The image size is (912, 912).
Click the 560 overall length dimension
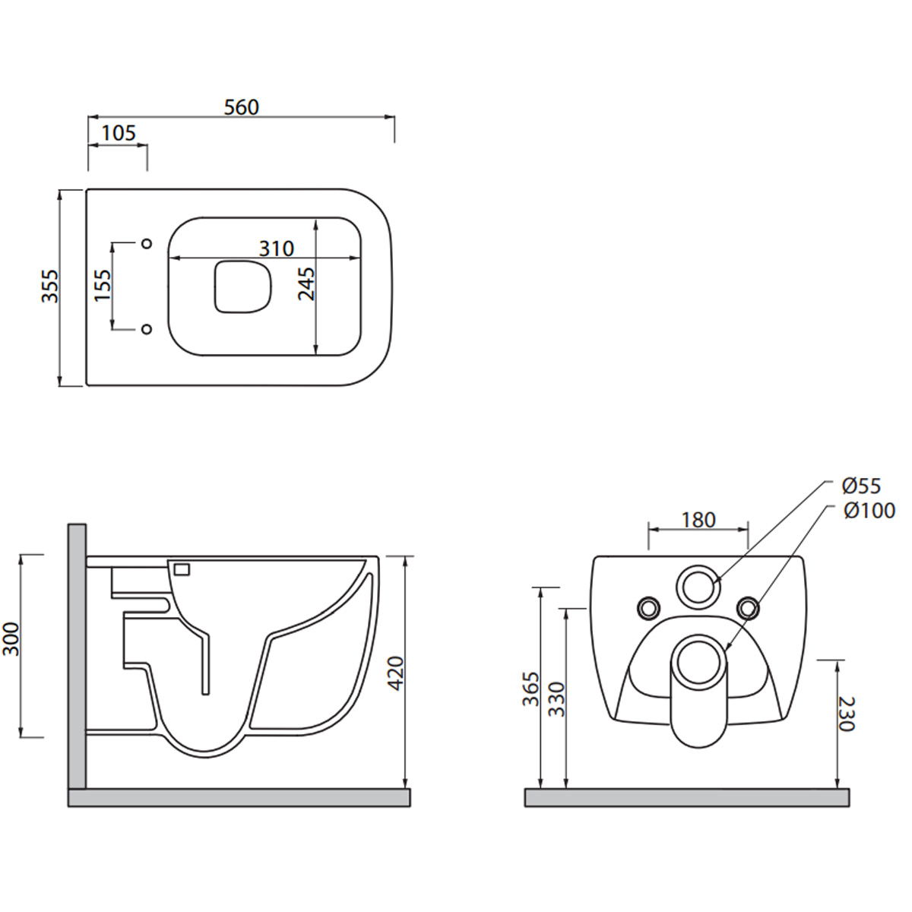pyautogui.click(x=242, y=107)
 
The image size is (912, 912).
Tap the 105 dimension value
pyautogui.click(x=119, y=133)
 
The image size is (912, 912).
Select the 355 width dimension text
pyautogui.click(x=49, y=286)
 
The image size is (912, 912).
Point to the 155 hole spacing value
pyautogui.click(x=103, y=285)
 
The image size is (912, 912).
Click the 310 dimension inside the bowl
pyautogui.click(x=277, y=249)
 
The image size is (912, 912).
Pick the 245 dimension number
pyautogui.click(x=306, y=284)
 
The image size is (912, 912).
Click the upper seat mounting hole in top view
pyautogui.click(x=147, y=243)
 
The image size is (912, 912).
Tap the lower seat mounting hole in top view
pyautogui.click(x=147, y=329)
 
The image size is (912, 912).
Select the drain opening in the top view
pyautogui.click(x=243, y=287)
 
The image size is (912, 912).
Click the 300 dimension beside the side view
pyautogui.click(x=11, y=639)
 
